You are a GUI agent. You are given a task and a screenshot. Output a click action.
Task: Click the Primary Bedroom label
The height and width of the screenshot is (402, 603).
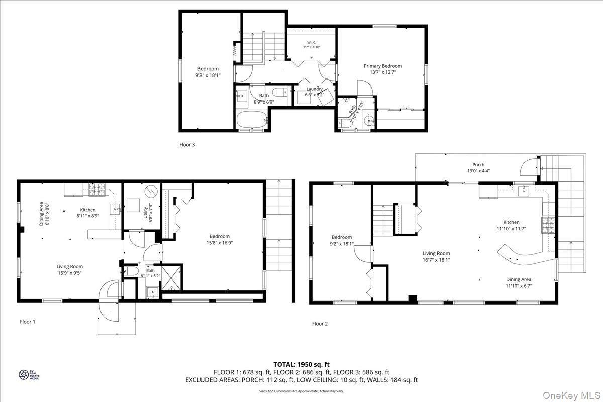(383, 66)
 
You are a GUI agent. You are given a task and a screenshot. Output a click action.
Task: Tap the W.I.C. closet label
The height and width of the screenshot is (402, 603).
(311, 42)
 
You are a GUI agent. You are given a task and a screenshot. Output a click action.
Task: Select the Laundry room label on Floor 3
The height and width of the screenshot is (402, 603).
(315, 89)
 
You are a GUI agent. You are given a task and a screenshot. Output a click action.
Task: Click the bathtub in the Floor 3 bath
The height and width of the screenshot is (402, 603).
(253, 121)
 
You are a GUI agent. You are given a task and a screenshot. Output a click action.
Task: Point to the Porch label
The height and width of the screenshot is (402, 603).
(478, 164)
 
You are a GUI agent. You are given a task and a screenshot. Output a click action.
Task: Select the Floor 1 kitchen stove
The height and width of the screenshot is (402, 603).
(97, 189)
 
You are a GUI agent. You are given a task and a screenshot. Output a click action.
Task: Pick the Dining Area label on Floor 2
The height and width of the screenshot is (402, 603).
(519, 279)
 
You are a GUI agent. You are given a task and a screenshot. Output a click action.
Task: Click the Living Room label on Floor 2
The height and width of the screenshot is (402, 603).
(436, 254)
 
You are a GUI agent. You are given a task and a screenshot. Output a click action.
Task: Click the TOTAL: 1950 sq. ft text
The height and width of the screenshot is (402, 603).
(301, 364)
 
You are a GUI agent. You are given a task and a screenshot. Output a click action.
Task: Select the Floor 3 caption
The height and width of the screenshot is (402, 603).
(187, 145)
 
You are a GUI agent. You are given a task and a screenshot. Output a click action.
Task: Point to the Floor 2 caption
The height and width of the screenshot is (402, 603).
(320, 324)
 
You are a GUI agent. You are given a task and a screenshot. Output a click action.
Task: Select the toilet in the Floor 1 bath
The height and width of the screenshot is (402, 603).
(131, 271)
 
